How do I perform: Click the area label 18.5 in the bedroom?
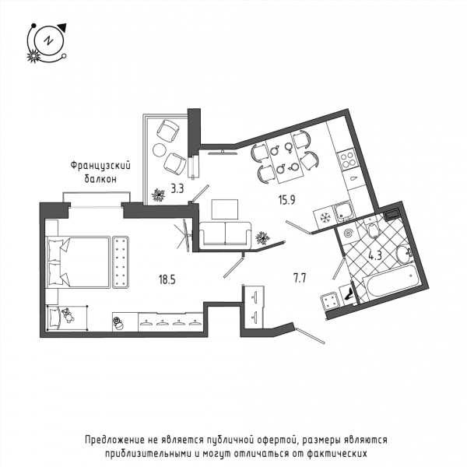(x=167, y=279)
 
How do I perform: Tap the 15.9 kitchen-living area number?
(x=286, y=200)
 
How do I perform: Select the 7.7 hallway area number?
(x=300, y=278)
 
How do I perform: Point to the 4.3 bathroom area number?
(x=375, y=255)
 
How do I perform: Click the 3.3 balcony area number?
(x=177, y=188)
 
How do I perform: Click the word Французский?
(x=100, y=166)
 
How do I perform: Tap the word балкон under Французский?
(x=100, y=179)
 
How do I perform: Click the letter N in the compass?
(x=48, y=40)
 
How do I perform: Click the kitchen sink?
(x=344, y=212)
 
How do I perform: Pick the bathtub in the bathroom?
(x=392, y=282)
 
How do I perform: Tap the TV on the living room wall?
(x=223, y=153)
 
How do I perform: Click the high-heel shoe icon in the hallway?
(x=348, y=293)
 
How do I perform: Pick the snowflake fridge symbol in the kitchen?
(x=325, y=218)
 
